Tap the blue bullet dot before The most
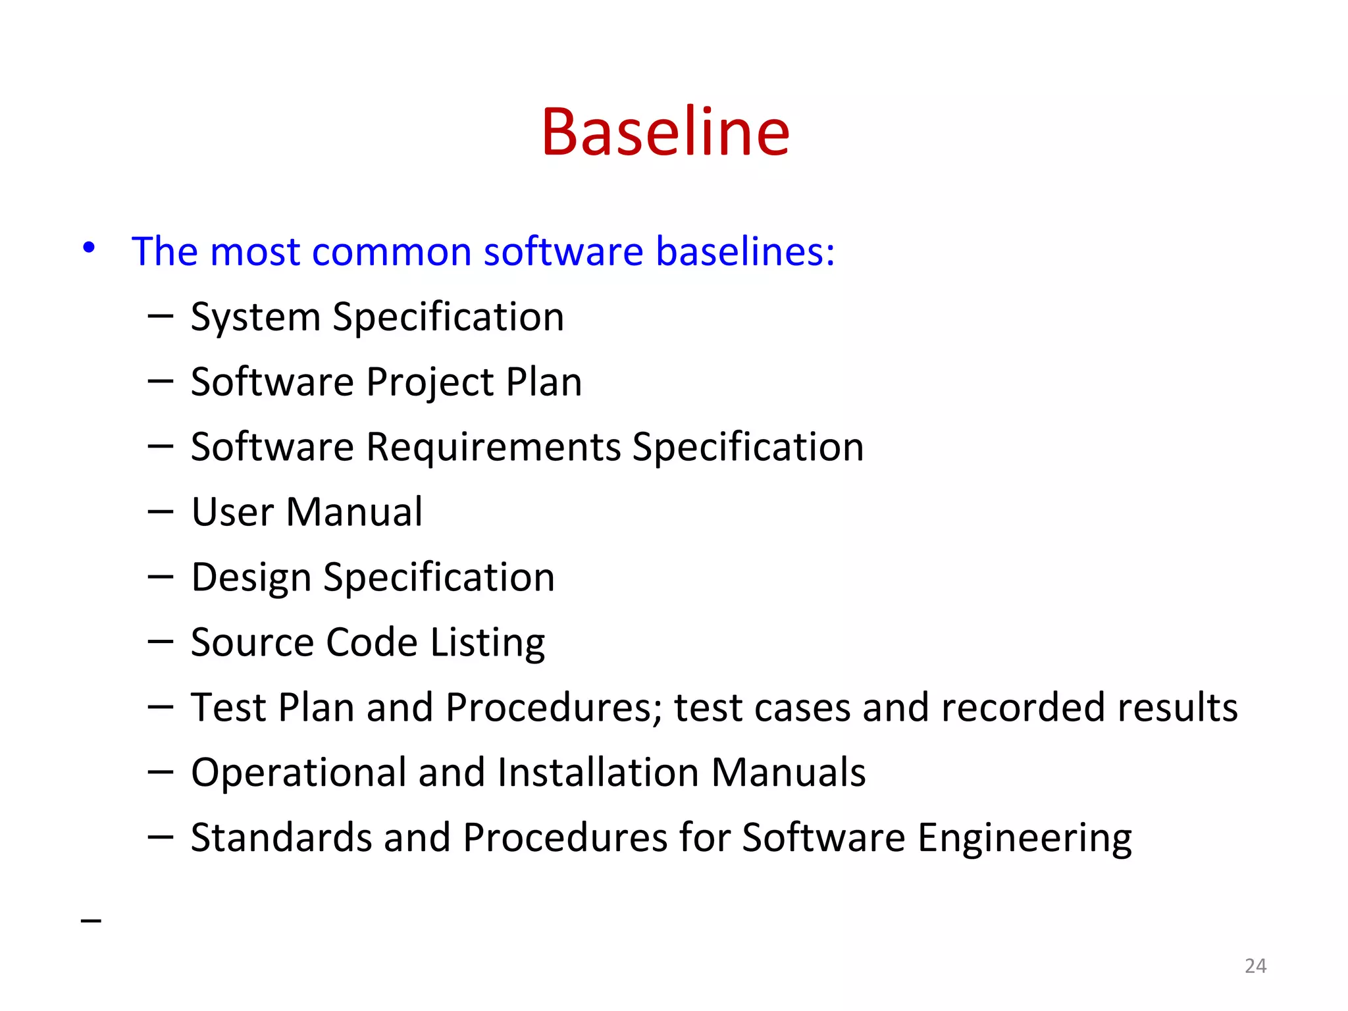point(89,248)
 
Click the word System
point(255,318)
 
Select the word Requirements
point(493,448)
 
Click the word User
point(232,512)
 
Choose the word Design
point(251,579)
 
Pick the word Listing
point(487,644)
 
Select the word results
point(1178,708)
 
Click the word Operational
point(298,773)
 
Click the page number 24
point(1255,966)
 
